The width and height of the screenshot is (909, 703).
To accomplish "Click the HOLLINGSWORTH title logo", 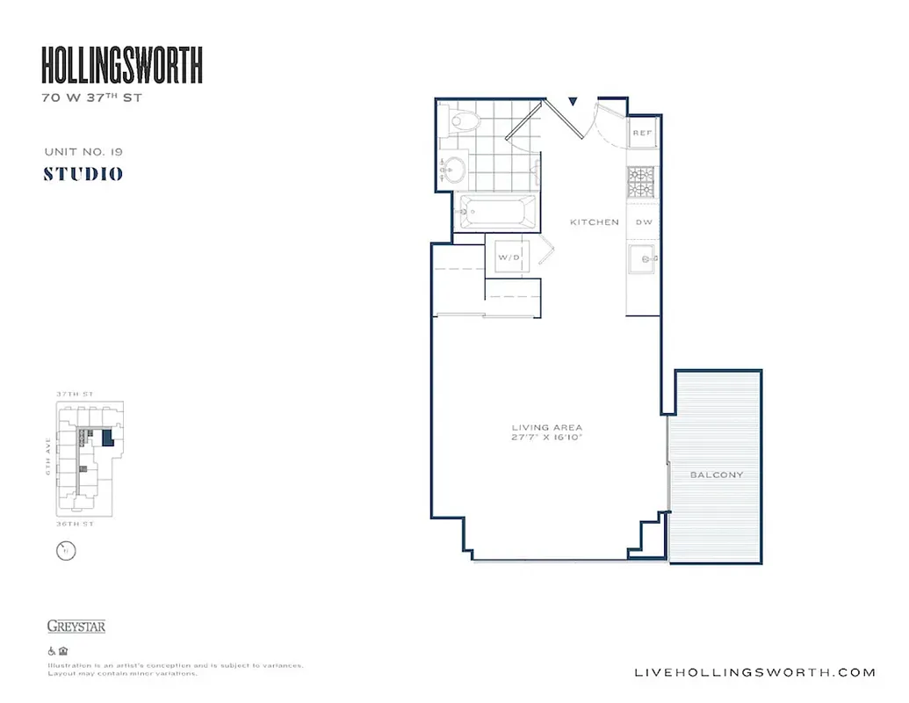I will [122, 66].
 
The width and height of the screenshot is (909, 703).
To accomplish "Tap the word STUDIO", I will [83, 174].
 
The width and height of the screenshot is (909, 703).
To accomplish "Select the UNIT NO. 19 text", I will [83, 152].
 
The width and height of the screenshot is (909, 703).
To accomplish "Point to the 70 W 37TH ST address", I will [91, 98].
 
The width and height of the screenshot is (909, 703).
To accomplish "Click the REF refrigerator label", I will [643, 133].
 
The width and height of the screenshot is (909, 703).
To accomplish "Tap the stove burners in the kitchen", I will [642, 181].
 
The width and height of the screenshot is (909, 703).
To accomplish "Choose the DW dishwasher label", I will [644, 222].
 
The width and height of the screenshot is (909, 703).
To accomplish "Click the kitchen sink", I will [644, 259].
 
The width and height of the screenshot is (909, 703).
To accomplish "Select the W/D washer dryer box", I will [509, 257].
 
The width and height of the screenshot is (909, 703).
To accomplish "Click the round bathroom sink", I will [455, 168].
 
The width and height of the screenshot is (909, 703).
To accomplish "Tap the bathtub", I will [497, 212].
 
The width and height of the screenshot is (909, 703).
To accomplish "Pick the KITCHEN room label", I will [595, 222].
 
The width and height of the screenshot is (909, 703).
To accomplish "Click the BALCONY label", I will [716, 475].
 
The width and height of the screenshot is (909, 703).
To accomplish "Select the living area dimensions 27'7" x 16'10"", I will [547, 437].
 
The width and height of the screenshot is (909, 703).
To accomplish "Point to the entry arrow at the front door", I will [573, 102].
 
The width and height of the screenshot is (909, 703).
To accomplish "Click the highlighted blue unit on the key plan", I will [107, 438].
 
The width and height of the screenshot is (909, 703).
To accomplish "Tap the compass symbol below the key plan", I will [66, 551].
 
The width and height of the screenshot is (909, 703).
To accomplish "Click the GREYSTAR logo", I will [76, 627].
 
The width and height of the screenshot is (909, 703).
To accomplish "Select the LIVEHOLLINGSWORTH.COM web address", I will [754, 672].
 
